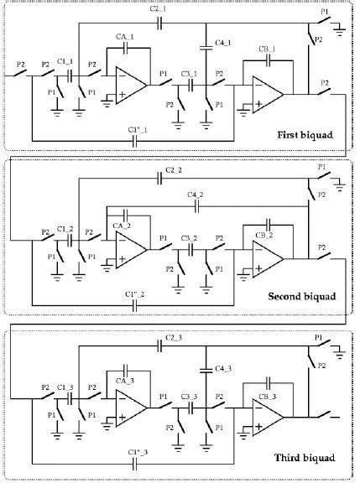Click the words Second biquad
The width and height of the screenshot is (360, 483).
tap(296, 298)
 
